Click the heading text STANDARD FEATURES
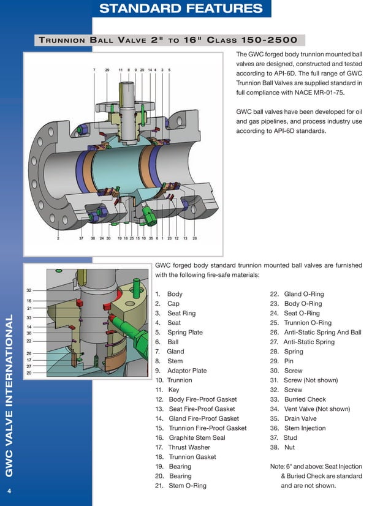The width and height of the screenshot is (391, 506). click(x=181, y=8)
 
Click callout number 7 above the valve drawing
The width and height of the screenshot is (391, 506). click(x=94, y=70)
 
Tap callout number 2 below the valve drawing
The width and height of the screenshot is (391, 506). click(x=58, y=238)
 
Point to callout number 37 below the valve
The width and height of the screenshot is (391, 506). click(x=82, y=238)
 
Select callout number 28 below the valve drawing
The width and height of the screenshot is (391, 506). click(x=195, y=238)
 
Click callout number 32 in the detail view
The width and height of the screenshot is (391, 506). click(x=29, y=290)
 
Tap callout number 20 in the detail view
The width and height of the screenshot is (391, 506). click(x=29, y=372)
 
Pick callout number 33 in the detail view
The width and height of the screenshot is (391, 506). click(x=29, y=318)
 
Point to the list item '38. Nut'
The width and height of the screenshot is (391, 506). click(x=287, y=447)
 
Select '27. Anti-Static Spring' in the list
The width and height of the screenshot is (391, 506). click(x=302, y=342)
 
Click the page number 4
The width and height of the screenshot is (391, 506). click(x=9, y=491)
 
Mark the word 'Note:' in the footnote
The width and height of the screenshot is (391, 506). click(x=278, y=466)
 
